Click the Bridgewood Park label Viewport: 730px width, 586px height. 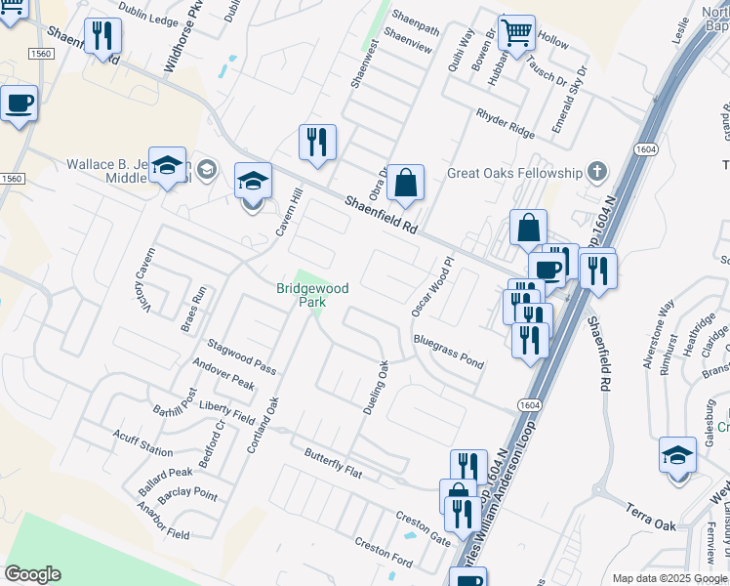tap(311, 296)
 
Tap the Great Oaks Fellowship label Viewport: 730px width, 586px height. tap(514, 174)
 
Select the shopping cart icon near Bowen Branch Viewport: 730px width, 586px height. tap(516, 32)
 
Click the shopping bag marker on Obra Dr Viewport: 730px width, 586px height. tap(405, 183)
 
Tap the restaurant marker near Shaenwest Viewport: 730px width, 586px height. tap(316, 143)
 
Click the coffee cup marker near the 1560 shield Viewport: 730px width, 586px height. tap(19, 103)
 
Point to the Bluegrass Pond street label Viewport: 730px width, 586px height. tap(448, 352)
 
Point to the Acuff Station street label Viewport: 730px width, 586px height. tap(142, 443)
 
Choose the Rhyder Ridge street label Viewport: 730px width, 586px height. tap(505, 122)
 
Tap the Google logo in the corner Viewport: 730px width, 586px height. tap(33, 574)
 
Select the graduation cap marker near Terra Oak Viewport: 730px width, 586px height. tap(677, 456)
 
